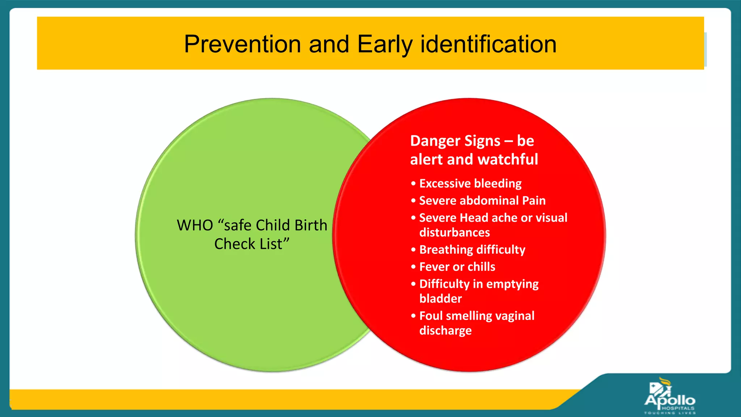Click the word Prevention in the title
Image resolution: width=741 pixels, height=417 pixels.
click(242, 44)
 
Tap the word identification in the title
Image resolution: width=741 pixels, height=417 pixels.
click(488, 44)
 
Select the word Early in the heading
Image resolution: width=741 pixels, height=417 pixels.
click(385, 44)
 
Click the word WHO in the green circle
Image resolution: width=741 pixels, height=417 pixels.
click(195, 226)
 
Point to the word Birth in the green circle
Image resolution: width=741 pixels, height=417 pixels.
click(310, 226)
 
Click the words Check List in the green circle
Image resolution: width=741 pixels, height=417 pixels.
click(252, 244)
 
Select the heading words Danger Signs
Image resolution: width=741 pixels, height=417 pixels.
click(455, 141)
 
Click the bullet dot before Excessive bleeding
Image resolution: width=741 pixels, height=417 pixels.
click(413, 184)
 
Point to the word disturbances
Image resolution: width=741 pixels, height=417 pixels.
click(454, 232)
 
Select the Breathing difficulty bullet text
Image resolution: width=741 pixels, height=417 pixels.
click(472, 250)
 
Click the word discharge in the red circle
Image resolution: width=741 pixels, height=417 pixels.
click(445, 330)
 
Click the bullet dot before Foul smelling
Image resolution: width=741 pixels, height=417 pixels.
click(413, 316)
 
